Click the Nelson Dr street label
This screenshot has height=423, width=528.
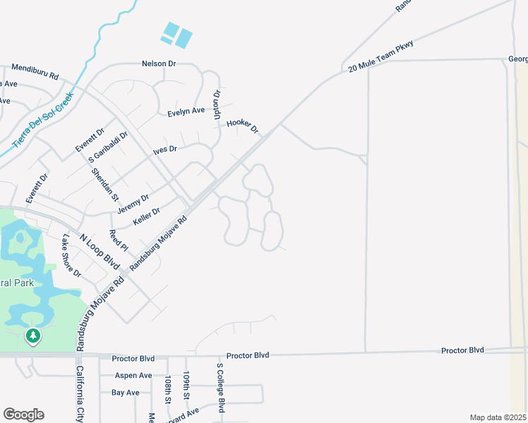158,63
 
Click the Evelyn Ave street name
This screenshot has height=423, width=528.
186,111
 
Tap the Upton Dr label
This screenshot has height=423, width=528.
217,104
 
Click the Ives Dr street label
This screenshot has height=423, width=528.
164,149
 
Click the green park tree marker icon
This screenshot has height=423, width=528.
32,336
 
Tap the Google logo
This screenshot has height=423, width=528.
23,415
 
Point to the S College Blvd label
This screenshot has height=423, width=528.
220,388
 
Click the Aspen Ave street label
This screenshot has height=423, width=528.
133,376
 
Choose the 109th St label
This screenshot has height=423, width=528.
186,386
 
